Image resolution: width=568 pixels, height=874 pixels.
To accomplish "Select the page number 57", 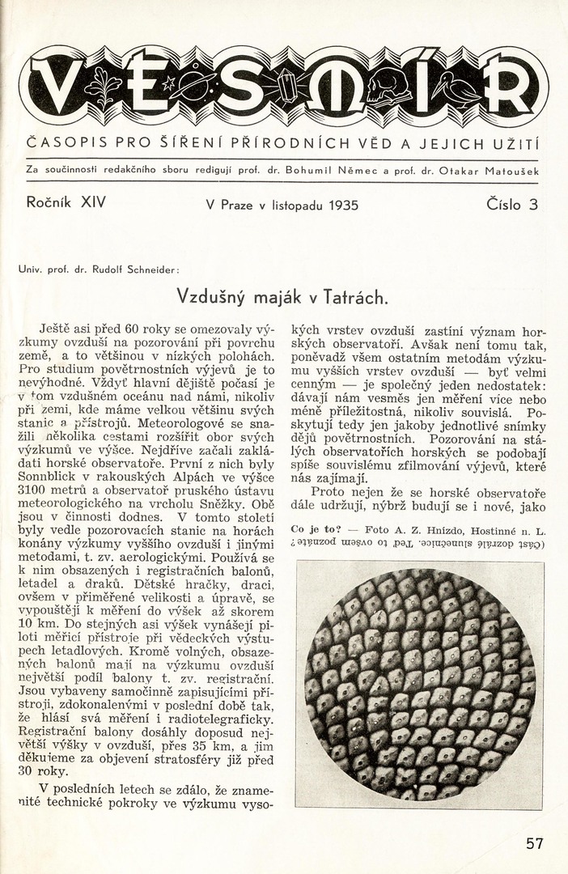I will tap(535, 843).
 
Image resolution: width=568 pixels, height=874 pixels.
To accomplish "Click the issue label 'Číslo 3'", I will tap(512, 205).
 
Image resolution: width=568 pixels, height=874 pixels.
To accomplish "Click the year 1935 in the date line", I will tap(343, 206).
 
